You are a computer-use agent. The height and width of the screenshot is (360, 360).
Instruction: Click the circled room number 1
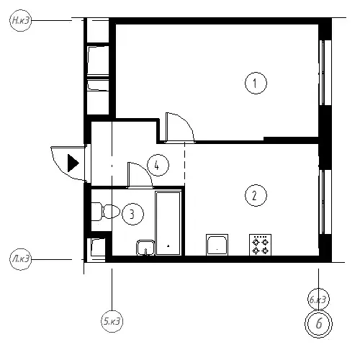point(256,83)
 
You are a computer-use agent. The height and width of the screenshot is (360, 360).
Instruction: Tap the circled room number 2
point(256,195)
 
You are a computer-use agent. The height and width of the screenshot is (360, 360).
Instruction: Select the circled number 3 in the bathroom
point(132,214)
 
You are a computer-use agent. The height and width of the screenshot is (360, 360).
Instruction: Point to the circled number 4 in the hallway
point(158,165)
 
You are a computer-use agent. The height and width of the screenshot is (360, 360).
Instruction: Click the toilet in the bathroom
point(106,212)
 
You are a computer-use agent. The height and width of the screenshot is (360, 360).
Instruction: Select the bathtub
point(168,223)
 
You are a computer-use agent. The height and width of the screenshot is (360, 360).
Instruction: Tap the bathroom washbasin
point(145,248)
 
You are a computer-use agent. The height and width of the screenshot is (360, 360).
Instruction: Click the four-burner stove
point(261,245)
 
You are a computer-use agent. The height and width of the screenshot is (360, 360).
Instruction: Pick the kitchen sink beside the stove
point(217,245)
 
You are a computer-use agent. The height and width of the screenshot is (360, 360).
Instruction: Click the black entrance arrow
point(73,163)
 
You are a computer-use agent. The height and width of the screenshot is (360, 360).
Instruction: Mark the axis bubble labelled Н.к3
point(21,20)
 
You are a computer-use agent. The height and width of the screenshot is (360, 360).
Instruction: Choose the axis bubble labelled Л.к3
point(21,259)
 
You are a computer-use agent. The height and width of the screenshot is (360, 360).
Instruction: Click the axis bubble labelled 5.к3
point(112,321)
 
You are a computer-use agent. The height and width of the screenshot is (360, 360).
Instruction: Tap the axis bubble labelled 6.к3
point(318,300)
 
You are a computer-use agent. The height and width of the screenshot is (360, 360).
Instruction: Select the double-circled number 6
point(318,324)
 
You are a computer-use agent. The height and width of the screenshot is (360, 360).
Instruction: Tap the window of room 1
point(325,73)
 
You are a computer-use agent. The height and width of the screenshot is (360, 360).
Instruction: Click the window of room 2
point(325,202)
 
